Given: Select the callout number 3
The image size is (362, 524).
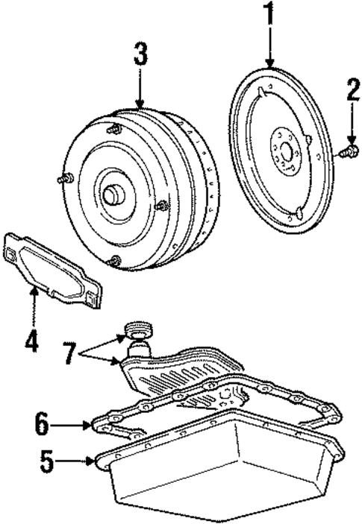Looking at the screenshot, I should click(x=140, y=55).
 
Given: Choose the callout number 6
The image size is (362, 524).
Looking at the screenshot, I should click(x=43, y=424).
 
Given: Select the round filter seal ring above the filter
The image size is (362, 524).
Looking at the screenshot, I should click(x=137, y=328).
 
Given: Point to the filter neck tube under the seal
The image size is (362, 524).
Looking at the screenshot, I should click(x=138, y=349).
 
